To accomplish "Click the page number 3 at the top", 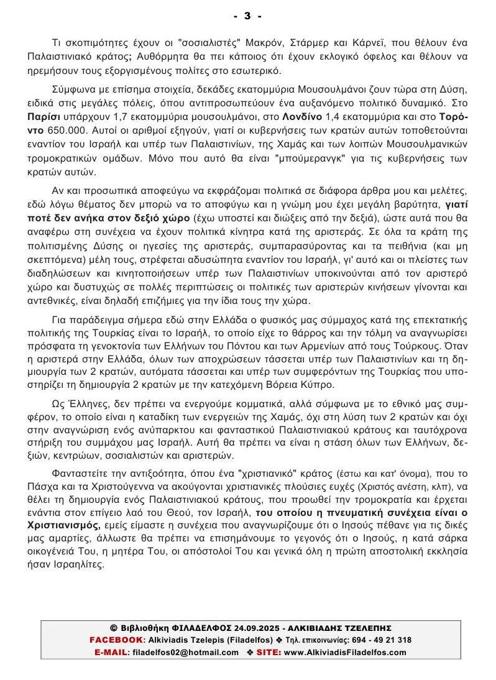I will [247, 16].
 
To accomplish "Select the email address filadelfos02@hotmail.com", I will [185, 652].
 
